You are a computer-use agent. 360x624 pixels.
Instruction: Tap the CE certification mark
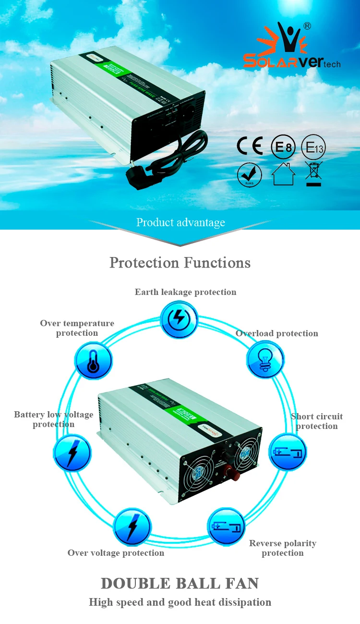[250, 146]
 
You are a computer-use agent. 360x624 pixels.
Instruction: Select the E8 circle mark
[283, 147]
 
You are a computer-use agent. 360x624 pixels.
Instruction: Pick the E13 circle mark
[313, 147]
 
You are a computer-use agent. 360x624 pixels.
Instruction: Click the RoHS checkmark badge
[250, 175]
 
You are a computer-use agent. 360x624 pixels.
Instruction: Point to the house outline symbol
[283, 174]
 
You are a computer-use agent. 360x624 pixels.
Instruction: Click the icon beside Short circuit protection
[287, 452]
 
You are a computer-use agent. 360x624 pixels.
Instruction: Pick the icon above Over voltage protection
[132, 526]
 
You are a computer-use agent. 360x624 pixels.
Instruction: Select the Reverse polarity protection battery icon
[226, 526]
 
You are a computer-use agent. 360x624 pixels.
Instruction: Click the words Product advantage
[180, 222]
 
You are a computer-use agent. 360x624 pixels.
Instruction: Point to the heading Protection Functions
[180, 263]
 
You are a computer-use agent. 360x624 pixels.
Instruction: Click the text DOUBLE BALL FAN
[180, 583]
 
